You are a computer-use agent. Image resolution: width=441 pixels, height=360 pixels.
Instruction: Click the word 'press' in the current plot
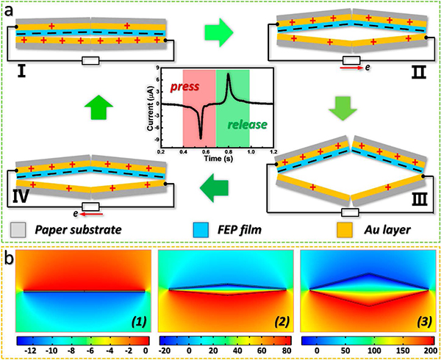pyautogui.click(x=184, y=86)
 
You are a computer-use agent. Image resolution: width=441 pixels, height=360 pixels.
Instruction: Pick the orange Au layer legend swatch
pyautogui.click(x=344, y=230)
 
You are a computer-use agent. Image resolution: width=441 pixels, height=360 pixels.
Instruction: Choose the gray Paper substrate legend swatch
pyautogui.click(x=18, y=230)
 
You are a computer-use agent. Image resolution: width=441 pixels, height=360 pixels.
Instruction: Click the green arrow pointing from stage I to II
pyautogui.click(x=219, y=32)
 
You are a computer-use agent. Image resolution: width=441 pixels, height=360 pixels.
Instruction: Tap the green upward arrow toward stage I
pyautogui.click(x=98, y=106)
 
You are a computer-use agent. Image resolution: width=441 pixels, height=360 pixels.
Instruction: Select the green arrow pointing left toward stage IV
pyautogui.click(x=214, y=188)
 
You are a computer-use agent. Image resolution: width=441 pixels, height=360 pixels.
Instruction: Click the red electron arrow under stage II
pyautogui.click(x=351, y=68)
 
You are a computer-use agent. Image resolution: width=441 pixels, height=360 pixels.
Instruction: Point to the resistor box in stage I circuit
pyautogui.click(x=90, y=61)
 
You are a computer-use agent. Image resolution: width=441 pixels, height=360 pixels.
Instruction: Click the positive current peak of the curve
pyautogui.click(x=228, y=74)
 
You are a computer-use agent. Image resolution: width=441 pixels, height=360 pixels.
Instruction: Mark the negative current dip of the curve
pyautogui.click(x=201, y=137)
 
